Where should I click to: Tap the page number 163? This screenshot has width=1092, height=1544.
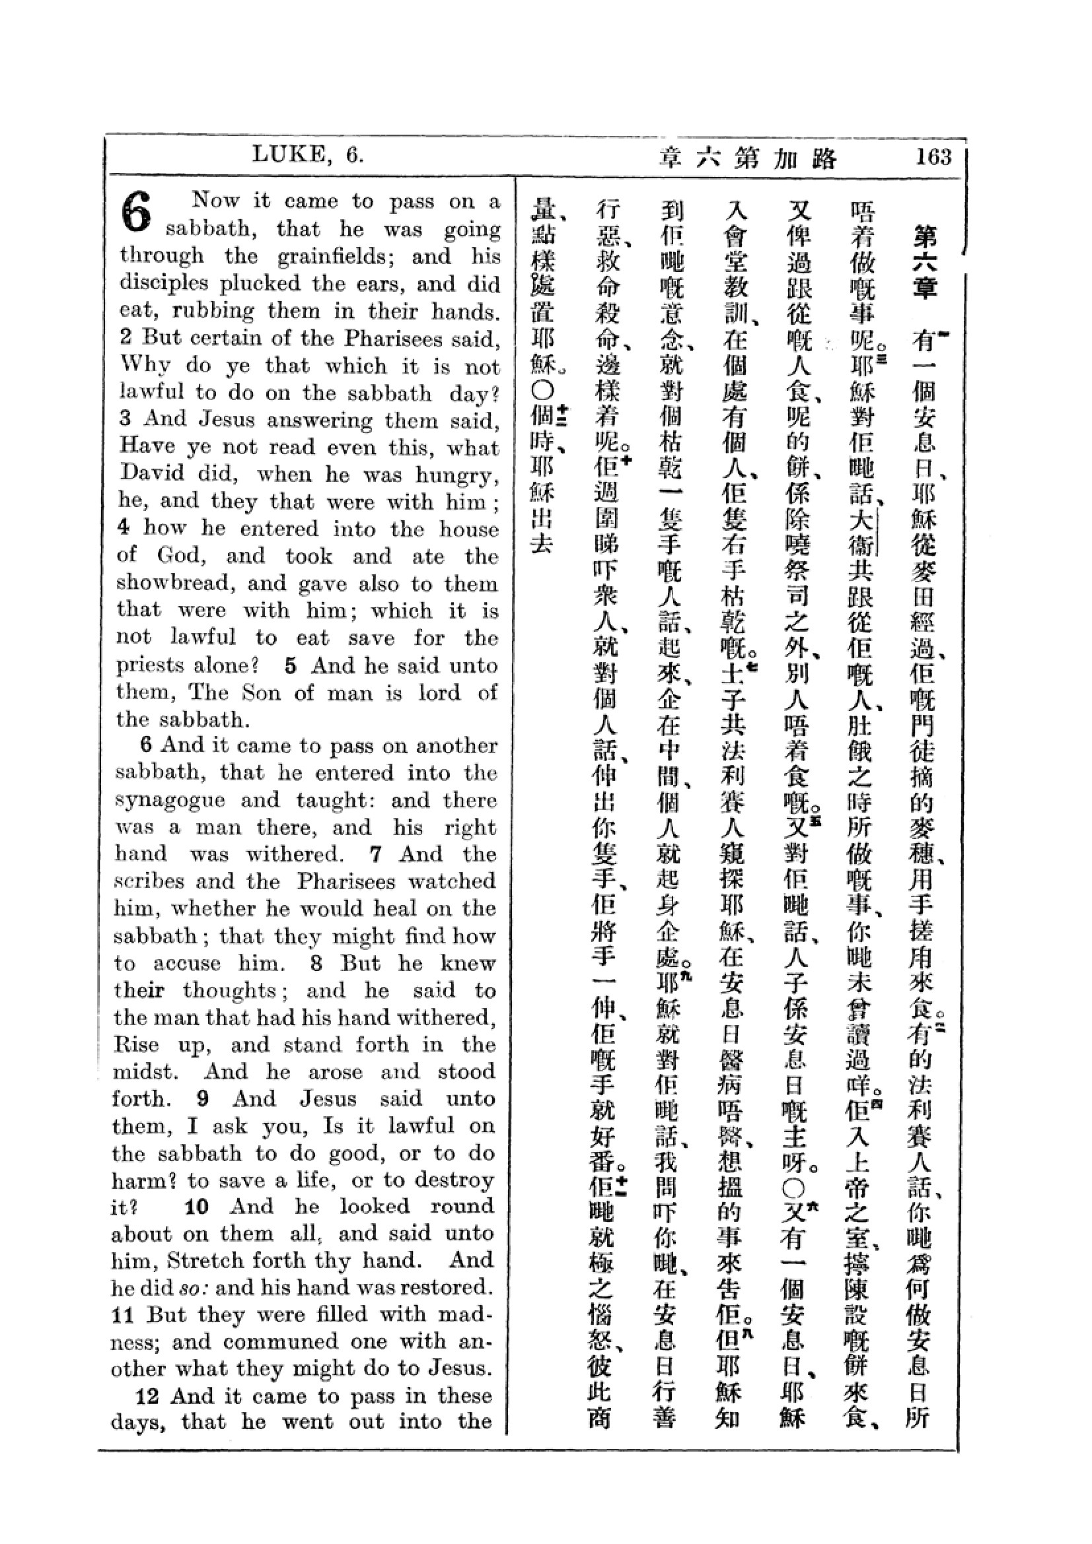[x=933, y=156]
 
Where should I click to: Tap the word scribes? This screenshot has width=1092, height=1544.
[x=151, y=882]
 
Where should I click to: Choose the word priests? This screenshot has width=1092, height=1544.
[x=149, y=665]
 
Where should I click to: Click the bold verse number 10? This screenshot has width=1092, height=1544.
[x=196, y=1207]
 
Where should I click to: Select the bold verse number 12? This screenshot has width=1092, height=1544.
[x=147, y=1397]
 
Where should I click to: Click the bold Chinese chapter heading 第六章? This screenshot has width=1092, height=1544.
[x=925, y=263]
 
